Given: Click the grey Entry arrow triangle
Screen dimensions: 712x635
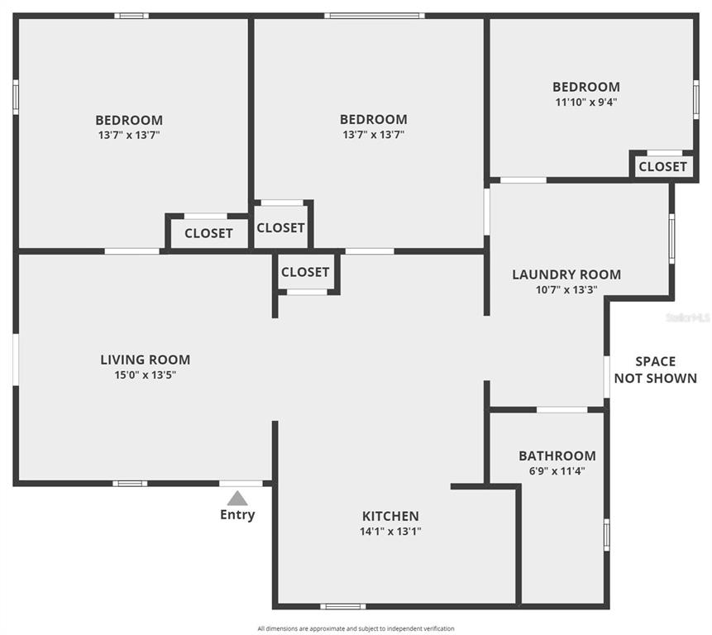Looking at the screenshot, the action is pyautogui.click(x=237, y=499).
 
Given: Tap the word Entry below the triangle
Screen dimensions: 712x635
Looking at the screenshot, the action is pyautogui.click(x=237, y=515).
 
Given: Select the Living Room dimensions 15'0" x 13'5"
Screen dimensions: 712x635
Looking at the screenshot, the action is pyautogui.click(x=146, y=375).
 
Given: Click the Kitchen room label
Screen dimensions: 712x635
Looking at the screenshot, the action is pyautogui.click(x=390, y=516).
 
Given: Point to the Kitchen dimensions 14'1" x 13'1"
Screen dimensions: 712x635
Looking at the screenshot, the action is pyautogui.click(x=390, y=531).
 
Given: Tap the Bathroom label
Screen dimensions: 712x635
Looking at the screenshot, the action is pyautogui.click(x=557, y=456).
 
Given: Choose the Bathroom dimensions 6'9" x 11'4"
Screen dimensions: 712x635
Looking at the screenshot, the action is pyautogui.click(x=557, y=470).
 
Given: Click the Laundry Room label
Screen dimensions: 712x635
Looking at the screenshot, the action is pyautogui.click(x=566, y=275).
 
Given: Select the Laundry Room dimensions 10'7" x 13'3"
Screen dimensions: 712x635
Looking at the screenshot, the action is pyautogui.click(x=566, y=289).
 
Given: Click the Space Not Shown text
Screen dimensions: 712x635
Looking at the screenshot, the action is pyautogui.click(x=655, y=370).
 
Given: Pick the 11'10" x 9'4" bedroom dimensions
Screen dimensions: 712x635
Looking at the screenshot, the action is pyautogui.click(x=586, y=103).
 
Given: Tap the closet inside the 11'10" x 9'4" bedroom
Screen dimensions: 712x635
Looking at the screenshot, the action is pyautogui.click(x=662, y=167).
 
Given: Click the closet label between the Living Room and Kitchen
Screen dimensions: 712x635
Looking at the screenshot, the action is pyautogui.click(x=305, y=272).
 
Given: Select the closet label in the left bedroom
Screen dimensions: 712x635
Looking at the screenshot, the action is pyautogui.click(x=208, y=233).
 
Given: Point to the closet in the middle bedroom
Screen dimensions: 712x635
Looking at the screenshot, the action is pyautogui.click(x=280, y=228).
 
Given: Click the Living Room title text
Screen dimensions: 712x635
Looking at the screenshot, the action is pyautogui.click(x=146, y=360).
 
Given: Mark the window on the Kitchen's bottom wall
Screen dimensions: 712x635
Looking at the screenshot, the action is pyautogui.click(x=343, y=606).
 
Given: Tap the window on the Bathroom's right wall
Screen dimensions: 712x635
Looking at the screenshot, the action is pyautogui.click(x=607, y=535).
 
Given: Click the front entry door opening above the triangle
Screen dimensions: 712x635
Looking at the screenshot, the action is pyautogui.click(x=241, y=484).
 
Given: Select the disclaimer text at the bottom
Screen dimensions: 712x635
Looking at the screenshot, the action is pyautogui.click(x=356, y=628).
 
